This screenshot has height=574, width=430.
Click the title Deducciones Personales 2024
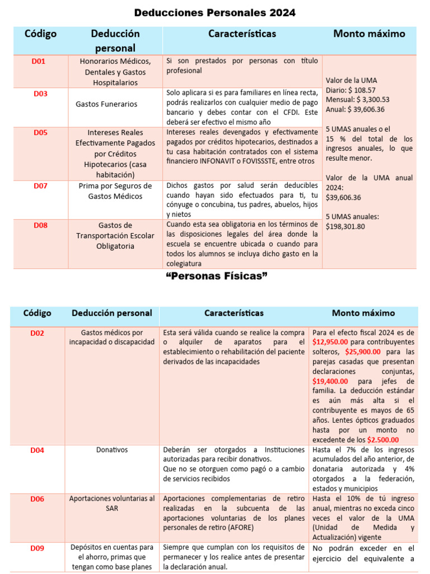point(215,12)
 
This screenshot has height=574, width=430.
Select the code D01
point(39,61)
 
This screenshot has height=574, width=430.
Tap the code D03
point(40,94)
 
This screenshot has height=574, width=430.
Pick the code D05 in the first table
point(40,133)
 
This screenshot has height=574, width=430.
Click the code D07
point(40,186)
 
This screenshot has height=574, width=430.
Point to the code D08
point(40,225)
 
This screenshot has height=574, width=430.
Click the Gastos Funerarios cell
point(106,104)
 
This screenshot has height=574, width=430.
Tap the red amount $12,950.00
point(330,341)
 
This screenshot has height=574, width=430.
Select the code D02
point(38,333)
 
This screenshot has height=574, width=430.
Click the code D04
point(38,450)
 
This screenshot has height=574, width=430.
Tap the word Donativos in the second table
point(112,450)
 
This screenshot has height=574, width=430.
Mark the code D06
point(38,498)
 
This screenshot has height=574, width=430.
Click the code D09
point(38,548)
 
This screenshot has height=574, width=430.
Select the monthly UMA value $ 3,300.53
point(370,99)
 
